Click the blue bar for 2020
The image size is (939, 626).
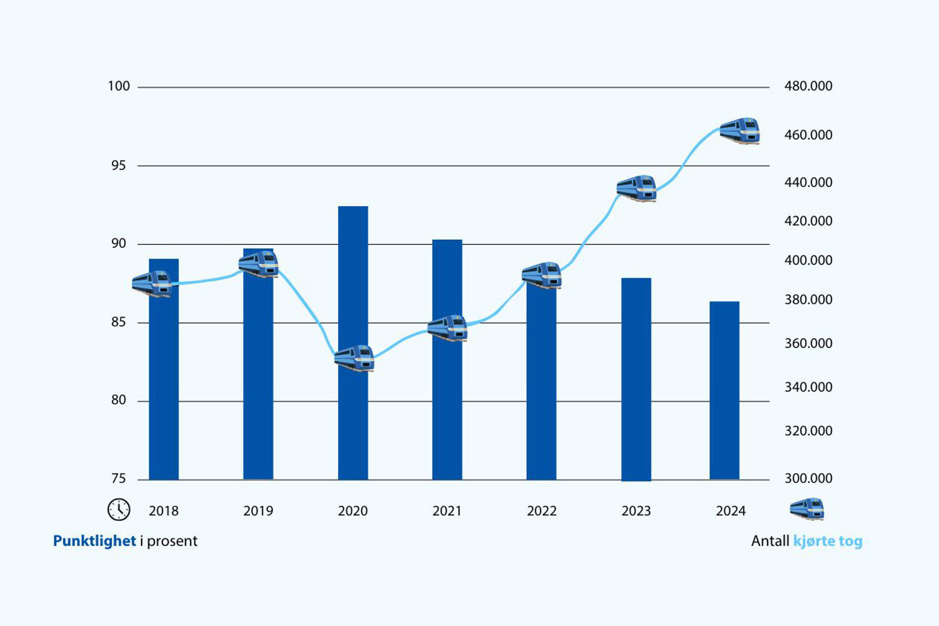[353, 411]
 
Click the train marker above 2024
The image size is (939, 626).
[740, 130]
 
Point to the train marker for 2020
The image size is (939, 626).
[354, 358]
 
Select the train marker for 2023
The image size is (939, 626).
[637, 189]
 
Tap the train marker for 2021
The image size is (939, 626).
[448, 328]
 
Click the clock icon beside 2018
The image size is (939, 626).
[119, 510]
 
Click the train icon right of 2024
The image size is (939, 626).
[807, 509]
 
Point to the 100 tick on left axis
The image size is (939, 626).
[119, 86]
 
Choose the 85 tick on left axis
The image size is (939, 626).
[119, 322]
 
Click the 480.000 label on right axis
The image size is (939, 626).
[808, 86]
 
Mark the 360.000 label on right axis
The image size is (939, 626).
[808, 344]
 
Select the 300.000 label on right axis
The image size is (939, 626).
[808, 479]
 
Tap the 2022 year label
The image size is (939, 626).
[542, 511]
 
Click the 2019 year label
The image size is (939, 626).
[258, 511]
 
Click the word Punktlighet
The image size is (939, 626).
[94, 541]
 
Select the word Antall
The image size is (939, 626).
[770, 541]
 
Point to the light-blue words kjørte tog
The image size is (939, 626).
[827, 541]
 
